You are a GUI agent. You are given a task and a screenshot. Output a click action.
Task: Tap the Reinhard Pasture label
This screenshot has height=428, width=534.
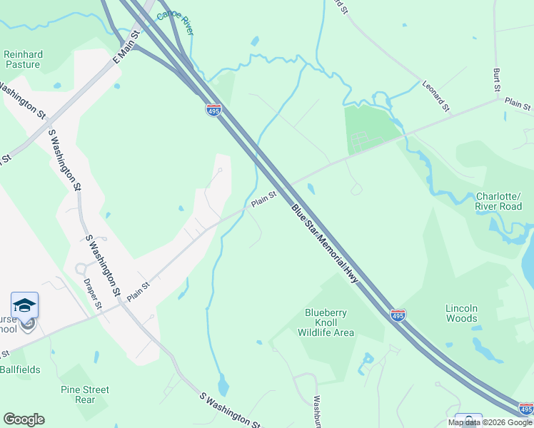pos(24,59)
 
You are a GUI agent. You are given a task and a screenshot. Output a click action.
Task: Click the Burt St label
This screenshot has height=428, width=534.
pos(496,80)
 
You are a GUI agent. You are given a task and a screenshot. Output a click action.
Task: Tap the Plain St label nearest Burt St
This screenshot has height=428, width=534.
pos(518,105)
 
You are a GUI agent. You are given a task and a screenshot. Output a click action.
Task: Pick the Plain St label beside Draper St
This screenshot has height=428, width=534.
pos(138,291)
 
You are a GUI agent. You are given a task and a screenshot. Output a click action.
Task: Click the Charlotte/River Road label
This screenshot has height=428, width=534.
pos(499,202)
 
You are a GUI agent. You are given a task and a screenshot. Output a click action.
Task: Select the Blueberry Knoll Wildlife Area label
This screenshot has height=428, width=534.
pos(326,322)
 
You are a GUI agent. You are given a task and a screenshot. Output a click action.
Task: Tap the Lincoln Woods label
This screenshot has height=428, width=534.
pos(461,313)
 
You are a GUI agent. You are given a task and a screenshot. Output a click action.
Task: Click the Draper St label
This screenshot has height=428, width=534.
pos(94,294)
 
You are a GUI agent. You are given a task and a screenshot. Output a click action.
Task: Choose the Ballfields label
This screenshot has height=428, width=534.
pos(20,370)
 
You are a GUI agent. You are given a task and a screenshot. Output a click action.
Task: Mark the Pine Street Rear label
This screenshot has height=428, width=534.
pos(85,394)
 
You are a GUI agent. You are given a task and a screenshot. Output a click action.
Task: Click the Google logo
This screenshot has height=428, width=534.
pos(24,419)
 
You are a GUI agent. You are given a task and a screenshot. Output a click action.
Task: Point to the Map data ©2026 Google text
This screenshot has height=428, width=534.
pos(490,422)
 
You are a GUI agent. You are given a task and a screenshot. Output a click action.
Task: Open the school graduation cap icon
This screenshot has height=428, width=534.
pos(25,305)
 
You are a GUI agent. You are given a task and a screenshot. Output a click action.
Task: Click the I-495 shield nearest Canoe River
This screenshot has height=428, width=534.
pos(213,110)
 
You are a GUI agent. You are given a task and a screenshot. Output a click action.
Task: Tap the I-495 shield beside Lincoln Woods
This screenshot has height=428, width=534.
pos(398,315)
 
